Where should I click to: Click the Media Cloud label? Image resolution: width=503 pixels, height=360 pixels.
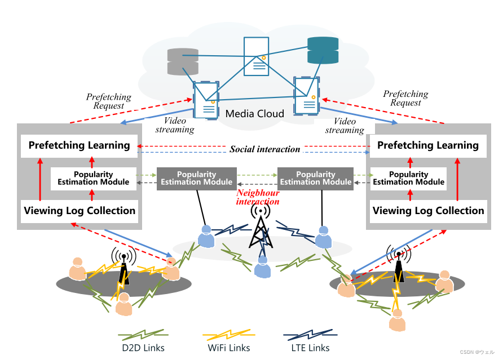(255, 114)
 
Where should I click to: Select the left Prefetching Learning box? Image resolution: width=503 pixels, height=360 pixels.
(79, 145)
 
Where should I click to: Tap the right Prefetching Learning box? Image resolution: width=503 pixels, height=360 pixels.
(427, 145)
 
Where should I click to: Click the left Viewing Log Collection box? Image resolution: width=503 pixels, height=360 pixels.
(79, 211)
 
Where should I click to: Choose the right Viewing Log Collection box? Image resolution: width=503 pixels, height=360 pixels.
(427, 211)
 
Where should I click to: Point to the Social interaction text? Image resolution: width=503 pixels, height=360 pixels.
(264, 149)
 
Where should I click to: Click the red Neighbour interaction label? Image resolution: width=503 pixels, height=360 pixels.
(257, 197)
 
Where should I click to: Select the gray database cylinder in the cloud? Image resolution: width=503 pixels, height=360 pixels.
(183, 61)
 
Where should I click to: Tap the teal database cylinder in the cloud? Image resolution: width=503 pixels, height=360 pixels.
(323, 51)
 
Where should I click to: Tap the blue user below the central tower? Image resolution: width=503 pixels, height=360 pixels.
(262, 268)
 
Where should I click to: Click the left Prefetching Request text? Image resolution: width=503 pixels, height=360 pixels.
(109, 101)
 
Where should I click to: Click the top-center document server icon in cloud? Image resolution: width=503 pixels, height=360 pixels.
(256, 56)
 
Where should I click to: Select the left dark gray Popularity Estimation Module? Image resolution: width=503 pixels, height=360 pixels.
(196, 178)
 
